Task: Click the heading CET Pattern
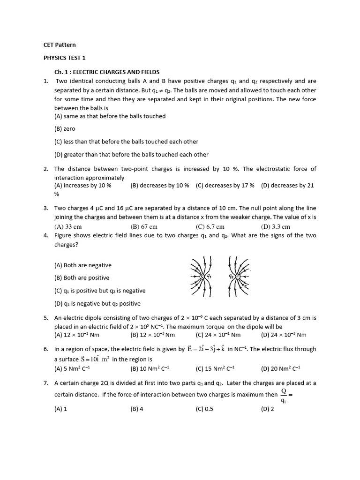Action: tap(60, 45)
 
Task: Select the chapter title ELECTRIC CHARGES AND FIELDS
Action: tap(107, 72)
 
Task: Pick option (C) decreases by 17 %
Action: tap(225, 186)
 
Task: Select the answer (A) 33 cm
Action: tap(68, 227)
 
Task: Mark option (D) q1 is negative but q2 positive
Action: tap(97, 303)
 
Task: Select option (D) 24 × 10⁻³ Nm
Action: tap(283, 335)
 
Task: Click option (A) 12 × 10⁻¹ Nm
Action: tap(77, 335)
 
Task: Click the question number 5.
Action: tap(46, 318)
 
